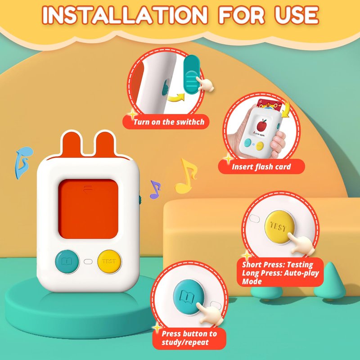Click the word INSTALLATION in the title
tap(125, 15)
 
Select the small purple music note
tap(155, 189)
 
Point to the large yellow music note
tap(186, 176)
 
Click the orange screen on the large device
tap(88, 209)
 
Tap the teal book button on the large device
tap(67, 261)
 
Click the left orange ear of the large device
tap(72, 144)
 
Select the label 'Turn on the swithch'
tap(169, 122)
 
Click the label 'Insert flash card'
tap(261, 166)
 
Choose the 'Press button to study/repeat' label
tap(189, 338)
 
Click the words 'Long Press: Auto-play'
tap(280, 273)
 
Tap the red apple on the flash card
tap(261, 125)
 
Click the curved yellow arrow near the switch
tap(176, 98)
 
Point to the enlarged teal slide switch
tap(192, 75)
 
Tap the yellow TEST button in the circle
tap(279, 227)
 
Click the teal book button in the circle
tap(187, 297)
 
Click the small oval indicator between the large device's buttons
tap(88, 261)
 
